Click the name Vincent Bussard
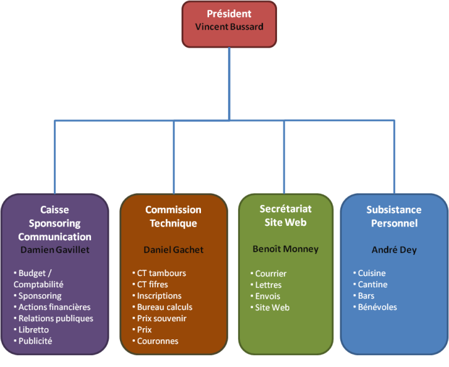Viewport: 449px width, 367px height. (229, 27)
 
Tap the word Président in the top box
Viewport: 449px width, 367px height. (229, 14)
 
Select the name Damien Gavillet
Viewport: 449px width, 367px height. (55, 249)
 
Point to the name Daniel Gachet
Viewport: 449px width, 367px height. (173, 250)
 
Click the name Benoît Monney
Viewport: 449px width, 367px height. (286, 249)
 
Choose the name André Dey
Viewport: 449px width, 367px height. (394, 250)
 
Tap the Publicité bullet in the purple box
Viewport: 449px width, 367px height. (35, 341)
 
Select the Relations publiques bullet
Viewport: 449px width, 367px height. (55, 318)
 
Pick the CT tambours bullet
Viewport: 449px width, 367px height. (161, 273)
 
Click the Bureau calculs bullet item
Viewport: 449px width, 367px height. (165, 307)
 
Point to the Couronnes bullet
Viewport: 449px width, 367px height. (158, 341)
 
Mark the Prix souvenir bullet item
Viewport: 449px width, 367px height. (162, 318)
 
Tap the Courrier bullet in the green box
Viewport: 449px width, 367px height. (271, 274)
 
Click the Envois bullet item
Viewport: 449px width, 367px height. (268, 296)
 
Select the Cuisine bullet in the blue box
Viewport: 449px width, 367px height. (372, 273)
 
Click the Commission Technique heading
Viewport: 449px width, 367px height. (173, 216)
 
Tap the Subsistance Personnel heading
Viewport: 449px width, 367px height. (394, 216)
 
